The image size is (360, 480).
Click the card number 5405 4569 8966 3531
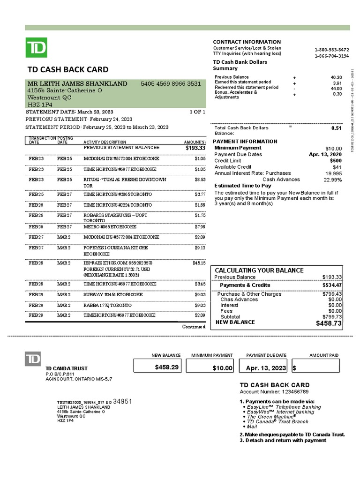pos(171,84)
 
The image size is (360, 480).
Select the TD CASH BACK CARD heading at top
pos(68,70)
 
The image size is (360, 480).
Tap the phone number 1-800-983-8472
pos(331,50)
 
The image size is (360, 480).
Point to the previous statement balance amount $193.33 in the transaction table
pos(195,148)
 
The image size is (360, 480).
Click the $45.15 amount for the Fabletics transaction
pos(199,263)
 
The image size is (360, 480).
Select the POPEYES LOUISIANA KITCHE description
pos(116,247)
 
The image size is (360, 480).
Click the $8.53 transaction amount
pos(200,180)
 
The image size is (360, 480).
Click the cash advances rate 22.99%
pos(333,180)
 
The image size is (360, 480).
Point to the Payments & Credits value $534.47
pos(332,285)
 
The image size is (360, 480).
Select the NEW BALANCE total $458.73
pos(329,323)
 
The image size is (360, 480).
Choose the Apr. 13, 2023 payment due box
pos(265,367)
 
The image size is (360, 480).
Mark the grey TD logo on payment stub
pos(33,360)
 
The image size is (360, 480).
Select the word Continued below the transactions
pos(194,326)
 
